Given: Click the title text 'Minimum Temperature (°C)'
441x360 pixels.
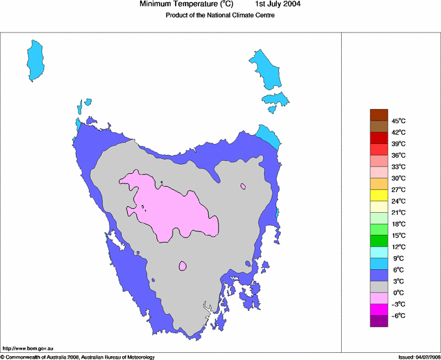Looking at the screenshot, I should [187, 5].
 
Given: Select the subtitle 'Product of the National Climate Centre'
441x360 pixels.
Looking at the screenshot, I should [220, 16].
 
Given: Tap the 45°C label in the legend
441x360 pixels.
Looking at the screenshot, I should [398, 121].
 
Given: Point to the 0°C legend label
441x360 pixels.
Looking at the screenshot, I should [398, 293].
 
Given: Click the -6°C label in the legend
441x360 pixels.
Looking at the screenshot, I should [398, 315].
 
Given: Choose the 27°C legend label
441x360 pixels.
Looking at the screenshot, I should [398, 189].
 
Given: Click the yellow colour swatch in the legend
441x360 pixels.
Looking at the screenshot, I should [379, 195].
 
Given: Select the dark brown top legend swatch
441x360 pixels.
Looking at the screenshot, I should [379, 115].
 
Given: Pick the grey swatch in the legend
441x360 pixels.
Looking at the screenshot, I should [379, 287].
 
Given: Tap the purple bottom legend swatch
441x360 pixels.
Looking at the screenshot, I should [379, 321].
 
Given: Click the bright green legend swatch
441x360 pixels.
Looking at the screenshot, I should [379, 241].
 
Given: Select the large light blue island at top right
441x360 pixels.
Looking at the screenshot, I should [267, 67].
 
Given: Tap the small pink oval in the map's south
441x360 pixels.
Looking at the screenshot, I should [183, 266].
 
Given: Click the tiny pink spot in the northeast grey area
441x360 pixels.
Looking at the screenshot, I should [243, 186].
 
